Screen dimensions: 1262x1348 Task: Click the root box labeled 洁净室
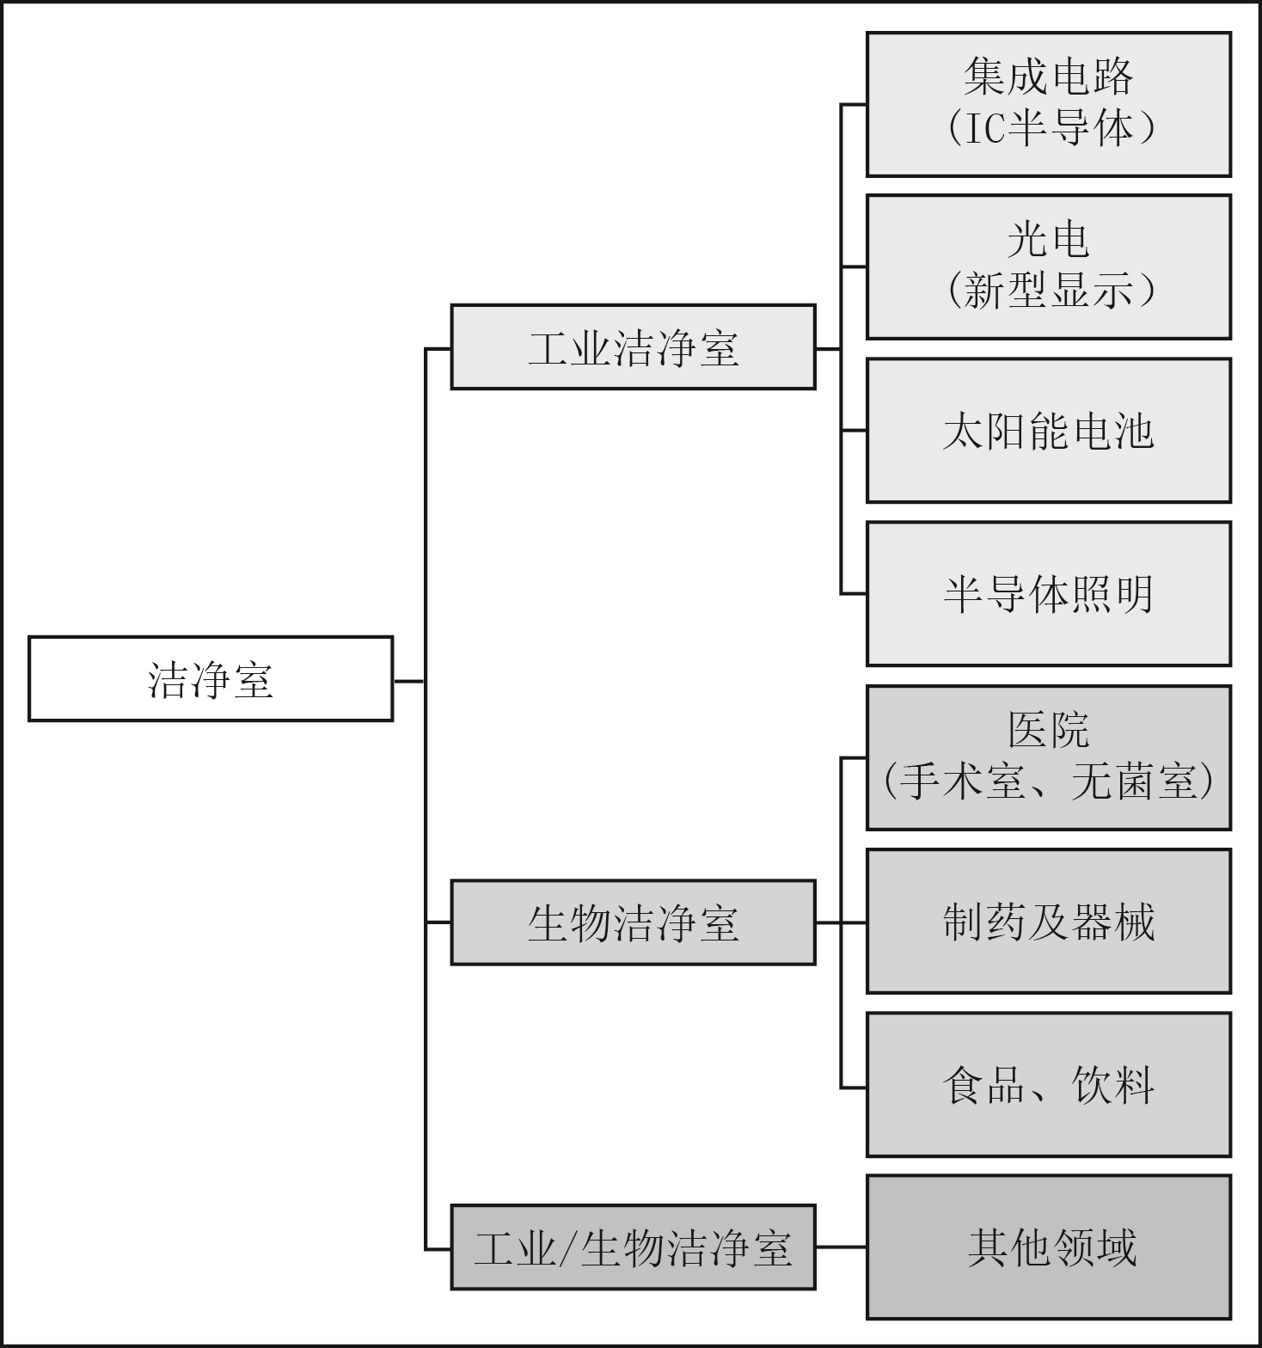pyautogui.click(x=211, y=678)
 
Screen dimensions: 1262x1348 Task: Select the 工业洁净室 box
pyautogui.click(x=633, y=346)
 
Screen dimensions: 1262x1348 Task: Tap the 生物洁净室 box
pyautogui.click(x=633, y=922)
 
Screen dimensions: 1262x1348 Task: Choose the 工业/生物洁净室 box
pyautogui.click(x=633, y=1247)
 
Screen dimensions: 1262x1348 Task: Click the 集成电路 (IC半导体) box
pyautogui.click(x=1049, y=104)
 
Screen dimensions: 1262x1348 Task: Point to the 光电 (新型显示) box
pyautogui.click(x=1049, y=267)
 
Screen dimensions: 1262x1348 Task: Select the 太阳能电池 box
pyautogui.click(x=1049, y=430)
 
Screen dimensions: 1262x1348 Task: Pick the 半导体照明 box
pyautogui.click(x=1049, y=593)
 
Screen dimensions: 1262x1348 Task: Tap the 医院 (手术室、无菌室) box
pyautogui.click(x=1049, y=757)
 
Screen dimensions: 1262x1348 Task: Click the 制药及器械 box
pyautogui.click(x=1049, y=921)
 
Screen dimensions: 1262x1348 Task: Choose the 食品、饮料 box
pyautogui.click(x=1049, y=1084)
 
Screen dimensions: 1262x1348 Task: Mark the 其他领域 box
pyautogui.click(x=1049, y=1247)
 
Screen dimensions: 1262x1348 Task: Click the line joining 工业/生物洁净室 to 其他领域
pyautogui.click(x=841, y=1247)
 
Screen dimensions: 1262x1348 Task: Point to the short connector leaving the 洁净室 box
pyautogui.click(x=409, y=681)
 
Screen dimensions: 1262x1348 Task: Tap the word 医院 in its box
pyautogui.click(x=1049, y=731)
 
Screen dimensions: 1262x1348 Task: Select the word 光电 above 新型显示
pyautogui.click(x=1049, y=240)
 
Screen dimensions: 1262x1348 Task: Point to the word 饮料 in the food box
pyautogui.click(x=1113, y=1085)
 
